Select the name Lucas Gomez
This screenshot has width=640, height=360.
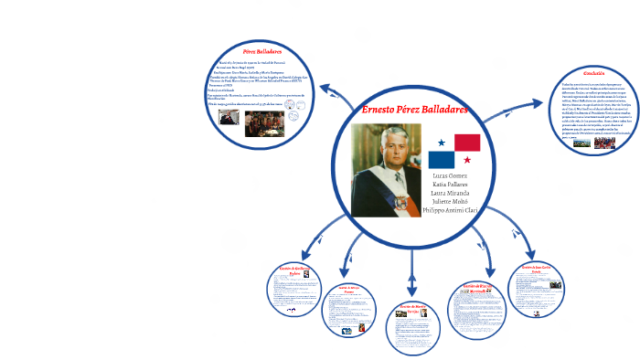tap(451, 175)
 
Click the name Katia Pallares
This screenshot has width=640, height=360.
tap(451, 185)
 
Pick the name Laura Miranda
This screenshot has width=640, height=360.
tap(451, 194)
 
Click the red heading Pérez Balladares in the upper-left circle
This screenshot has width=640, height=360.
tap(262, 51)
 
